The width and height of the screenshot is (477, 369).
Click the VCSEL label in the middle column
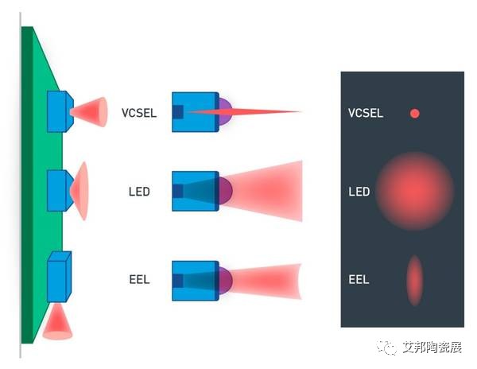click(139, 112)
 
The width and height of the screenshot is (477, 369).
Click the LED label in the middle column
click(139, 192)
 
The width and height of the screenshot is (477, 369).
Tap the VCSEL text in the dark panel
click(366, 113)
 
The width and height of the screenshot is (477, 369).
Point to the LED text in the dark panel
click(359, 192)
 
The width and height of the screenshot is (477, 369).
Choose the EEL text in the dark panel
click(358, 280)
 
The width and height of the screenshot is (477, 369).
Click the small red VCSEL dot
click(414, 113)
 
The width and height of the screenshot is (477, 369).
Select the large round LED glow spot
click(413, 191)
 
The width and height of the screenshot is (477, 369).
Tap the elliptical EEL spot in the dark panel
click(414, 280)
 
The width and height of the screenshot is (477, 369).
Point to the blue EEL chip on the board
click(58, 277)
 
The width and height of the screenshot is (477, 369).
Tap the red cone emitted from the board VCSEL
click(91, 111)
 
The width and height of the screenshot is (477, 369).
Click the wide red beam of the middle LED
click(266, 192)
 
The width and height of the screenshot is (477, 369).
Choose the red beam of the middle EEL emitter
click(266, 280)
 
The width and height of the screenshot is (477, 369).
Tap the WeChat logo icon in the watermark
click(386, 348)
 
